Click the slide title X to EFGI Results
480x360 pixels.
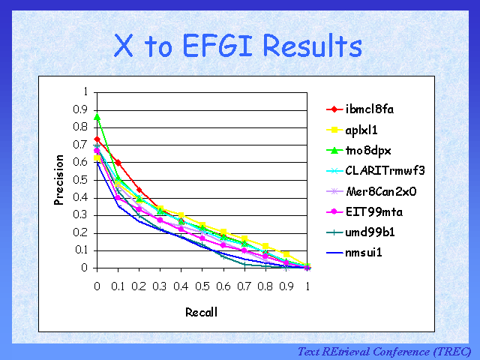(x=238, y=46)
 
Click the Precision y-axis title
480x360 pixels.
(x=59, y=179)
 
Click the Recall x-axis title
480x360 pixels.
(x=202, y=313)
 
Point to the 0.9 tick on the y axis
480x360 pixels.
(x=82, y=109)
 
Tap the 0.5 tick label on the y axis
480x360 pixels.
(x=82, y=180)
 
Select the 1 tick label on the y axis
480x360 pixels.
(x=86, y=91)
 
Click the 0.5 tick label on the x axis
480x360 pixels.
(x=202, y=286)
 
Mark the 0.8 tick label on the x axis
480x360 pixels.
(x=265, y=286)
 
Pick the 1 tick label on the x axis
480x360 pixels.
(x=307, y=286)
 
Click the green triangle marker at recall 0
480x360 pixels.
(x=97, y=116)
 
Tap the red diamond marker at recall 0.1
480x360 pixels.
(x=118, y=162)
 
